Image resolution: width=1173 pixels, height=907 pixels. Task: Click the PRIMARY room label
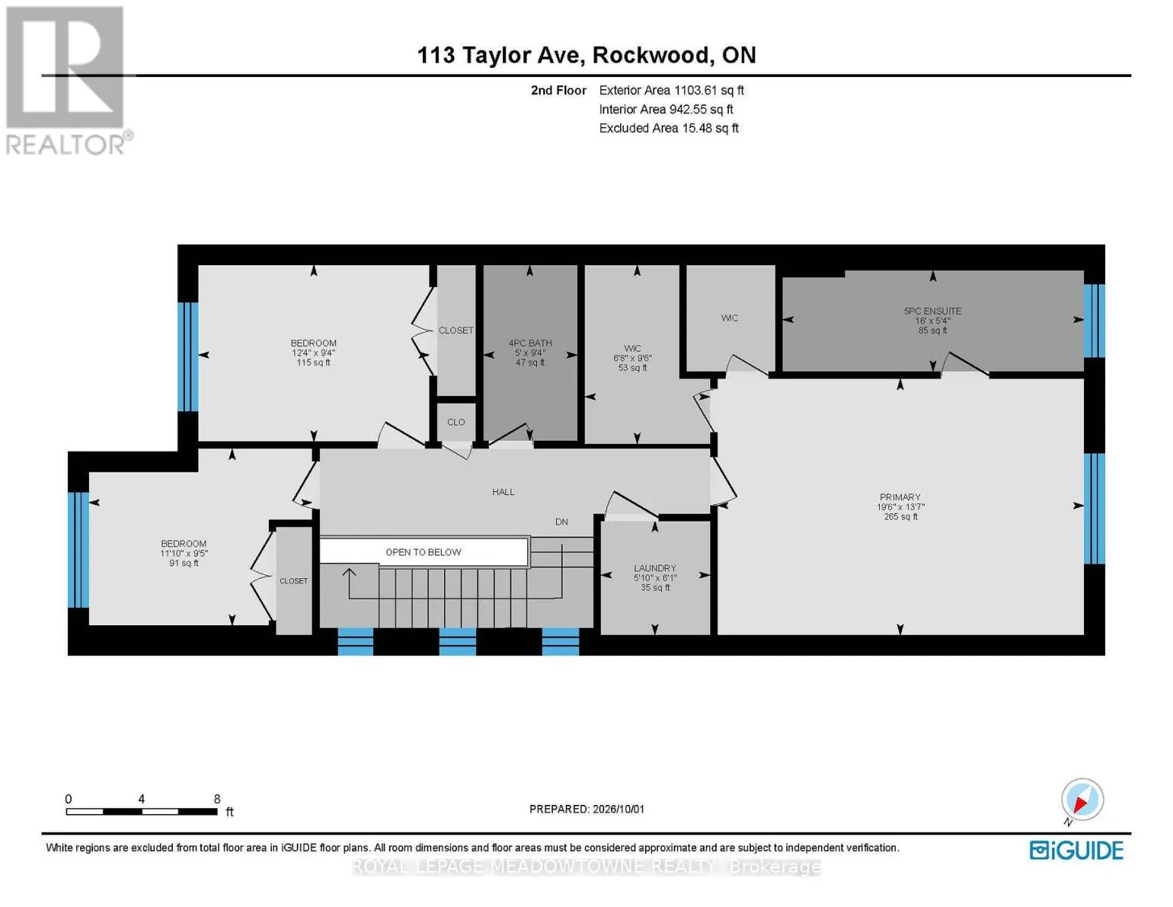[900, 497]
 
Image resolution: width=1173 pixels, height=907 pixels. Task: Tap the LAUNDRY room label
[655, 568]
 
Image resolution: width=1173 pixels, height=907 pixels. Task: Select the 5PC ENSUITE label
[932, 311]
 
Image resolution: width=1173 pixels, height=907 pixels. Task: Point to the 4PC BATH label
[530, 343]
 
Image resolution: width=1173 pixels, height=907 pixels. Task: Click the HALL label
[503, 491]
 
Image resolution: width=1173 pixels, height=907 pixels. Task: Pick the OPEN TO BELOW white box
[424, 552]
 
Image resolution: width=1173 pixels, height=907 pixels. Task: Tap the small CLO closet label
[455, 422]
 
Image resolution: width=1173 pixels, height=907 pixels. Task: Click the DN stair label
[561, 522]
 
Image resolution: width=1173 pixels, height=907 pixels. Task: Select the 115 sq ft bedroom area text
[313, 363]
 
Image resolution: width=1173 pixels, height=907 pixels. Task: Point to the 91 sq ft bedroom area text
[184, 563]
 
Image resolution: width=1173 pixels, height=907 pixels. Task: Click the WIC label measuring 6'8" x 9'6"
[632, 348]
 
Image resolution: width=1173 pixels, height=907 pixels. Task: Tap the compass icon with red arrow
[1082, 800]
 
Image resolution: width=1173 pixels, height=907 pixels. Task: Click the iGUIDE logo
[1076, 850]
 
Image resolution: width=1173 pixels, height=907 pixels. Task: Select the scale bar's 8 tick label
[217, 799]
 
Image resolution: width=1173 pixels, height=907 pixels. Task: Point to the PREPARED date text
[587, 809]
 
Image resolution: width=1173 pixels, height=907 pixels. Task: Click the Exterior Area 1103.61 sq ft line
[671, 90]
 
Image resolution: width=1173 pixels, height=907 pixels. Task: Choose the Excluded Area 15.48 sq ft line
[668, 128]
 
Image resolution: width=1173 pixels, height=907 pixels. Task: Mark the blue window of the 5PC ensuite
[1094, 321]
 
